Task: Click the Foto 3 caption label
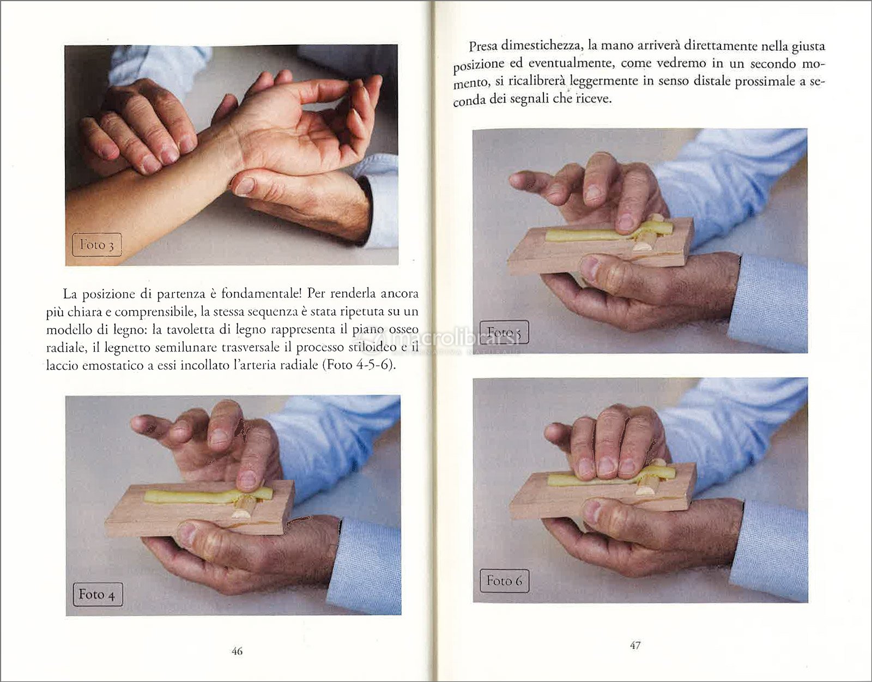point(96,244)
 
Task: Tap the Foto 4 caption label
point(98,594)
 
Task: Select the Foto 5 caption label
point(505,333)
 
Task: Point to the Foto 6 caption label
point(505,581)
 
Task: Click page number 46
point(237,651)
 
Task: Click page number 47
point(635,645)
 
